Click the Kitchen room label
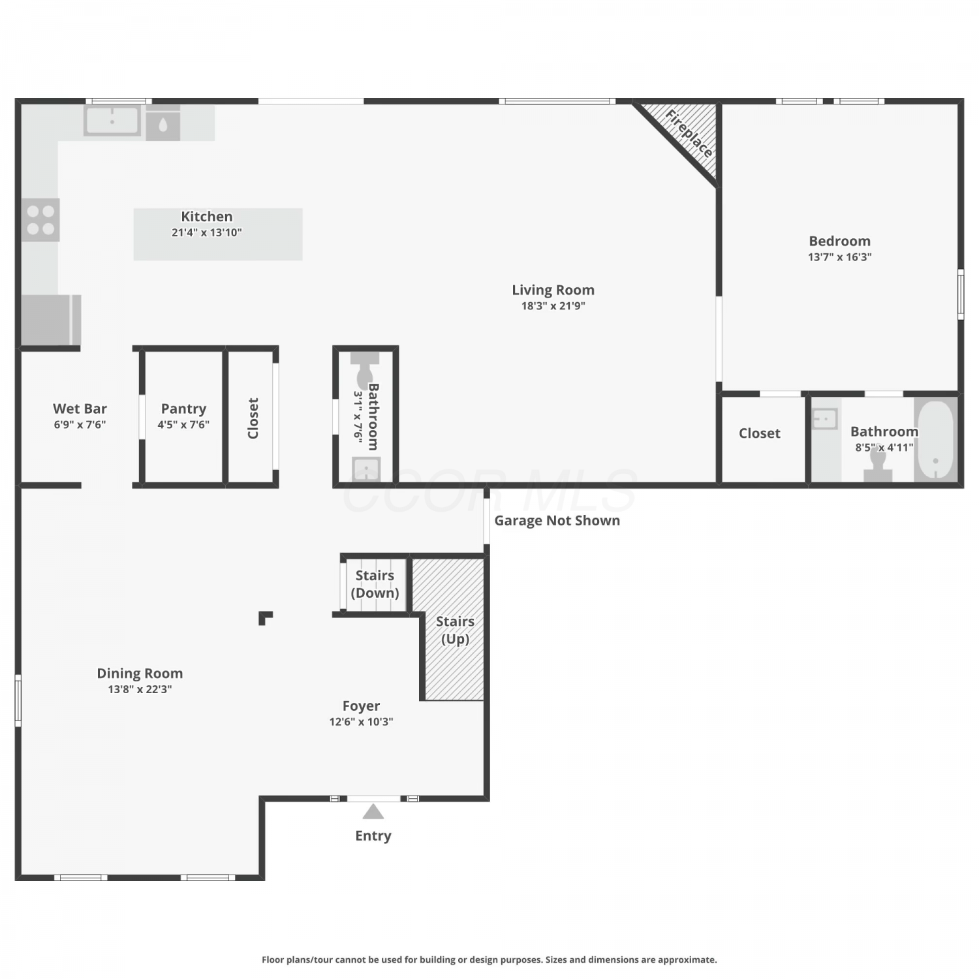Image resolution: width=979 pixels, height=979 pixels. [x=206, y=217]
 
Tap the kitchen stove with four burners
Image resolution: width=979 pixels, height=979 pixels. [x=40, y=220]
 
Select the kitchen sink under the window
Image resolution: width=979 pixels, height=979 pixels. [x=112, y=121]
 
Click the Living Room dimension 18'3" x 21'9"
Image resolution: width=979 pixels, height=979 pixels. [x=553, y=305]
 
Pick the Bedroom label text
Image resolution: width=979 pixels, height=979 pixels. [x=839, y=241]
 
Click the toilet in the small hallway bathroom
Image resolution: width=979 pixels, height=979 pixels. [x=364, y=370]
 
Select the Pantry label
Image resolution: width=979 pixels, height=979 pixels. [x=183, y=409]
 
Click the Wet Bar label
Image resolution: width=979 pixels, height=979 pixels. [x=80, y=409]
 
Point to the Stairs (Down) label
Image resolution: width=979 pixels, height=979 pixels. [x=375, y=584]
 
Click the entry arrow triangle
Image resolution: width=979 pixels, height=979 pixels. [x=373, y=811]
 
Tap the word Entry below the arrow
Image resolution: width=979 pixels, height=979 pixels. [x=373, y=836]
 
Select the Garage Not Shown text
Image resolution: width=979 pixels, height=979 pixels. [x=557, y=521]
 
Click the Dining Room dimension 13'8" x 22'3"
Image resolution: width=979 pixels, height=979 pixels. [x=140, y=689]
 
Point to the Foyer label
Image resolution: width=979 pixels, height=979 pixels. [x=361, y=706]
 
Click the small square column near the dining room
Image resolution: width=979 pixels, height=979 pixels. [x=265, y=617]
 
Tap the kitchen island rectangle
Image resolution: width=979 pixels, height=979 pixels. [x=218, y=234]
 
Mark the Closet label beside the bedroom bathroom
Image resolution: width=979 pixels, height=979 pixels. [x=759, y=433]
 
